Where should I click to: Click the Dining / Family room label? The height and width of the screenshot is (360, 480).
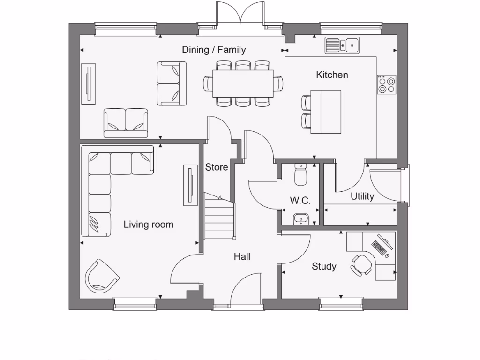214,50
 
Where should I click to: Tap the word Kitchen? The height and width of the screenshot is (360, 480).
332,75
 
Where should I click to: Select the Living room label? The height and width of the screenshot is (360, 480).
148,225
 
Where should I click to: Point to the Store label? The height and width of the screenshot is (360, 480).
217,167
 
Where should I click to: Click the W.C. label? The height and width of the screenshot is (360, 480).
300,201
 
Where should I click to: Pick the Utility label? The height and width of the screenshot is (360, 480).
362,196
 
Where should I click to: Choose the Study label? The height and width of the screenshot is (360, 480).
324,266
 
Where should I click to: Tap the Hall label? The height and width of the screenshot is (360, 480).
242,256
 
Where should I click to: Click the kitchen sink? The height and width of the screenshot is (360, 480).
342,45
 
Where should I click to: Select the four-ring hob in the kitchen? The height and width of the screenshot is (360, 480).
387,85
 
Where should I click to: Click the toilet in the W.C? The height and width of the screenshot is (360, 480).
300,174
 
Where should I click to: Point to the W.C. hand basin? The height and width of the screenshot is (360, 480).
300,218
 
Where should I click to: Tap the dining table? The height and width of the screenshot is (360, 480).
243,83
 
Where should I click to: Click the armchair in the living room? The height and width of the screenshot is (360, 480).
101,276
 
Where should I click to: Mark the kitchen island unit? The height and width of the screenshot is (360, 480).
326,112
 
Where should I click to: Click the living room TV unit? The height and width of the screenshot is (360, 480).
190,185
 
